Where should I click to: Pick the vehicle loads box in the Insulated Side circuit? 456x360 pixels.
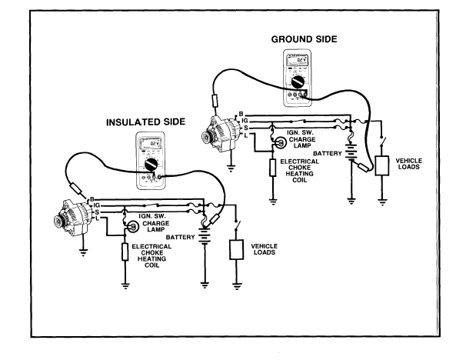(x=238, y=251)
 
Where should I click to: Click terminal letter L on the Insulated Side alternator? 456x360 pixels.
(x=95, y=218)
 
